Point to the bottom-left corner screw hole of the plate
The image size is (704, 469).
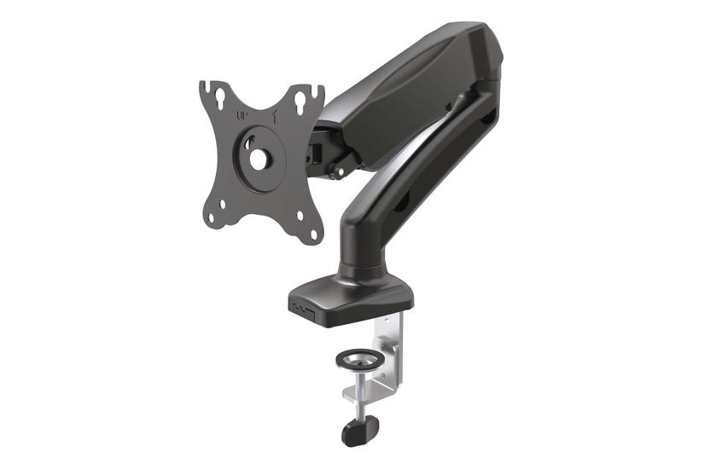224,204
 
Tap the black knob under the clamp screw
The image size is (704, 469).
359,430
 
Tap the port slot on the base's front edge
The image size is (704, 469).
300,304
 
